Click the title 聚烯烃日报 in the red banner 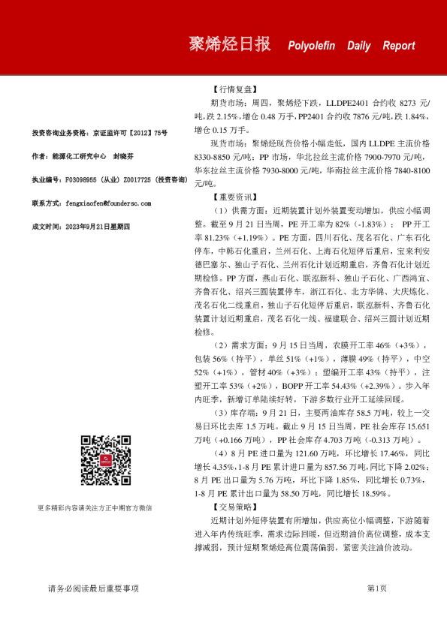click(x=230, y=44)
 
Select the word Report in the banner click(x=398, y=46)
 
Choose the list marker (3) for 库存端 click(x=222, y=413)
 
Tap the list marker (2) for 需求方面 click(x=222, y=345)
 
